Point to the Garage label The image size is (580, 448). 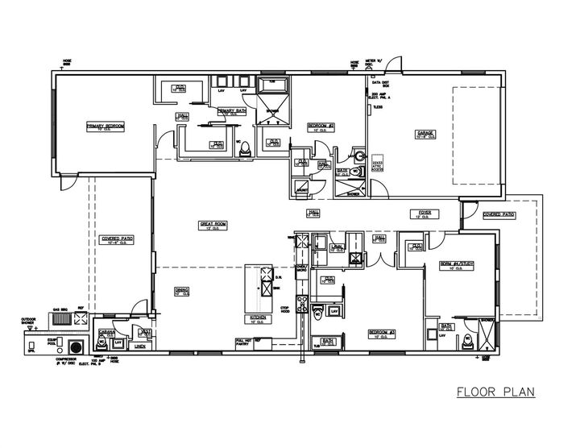click(x=425, y=134)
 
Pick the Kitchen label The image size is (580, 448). click(x=259, y=318)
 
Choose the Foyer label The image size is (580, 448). click(x=425, y=213)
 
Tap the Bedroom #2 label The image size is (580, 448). click(x=321, y=126)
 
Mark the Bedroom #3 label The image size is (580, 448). click(x=380, y=331)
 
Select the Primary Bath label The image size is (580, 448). click(x=230, y=110)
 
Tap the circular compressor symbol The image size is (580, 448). click(x=77, y=346)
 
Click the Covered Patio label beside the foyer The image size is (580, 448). click(x=498, y=215)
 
